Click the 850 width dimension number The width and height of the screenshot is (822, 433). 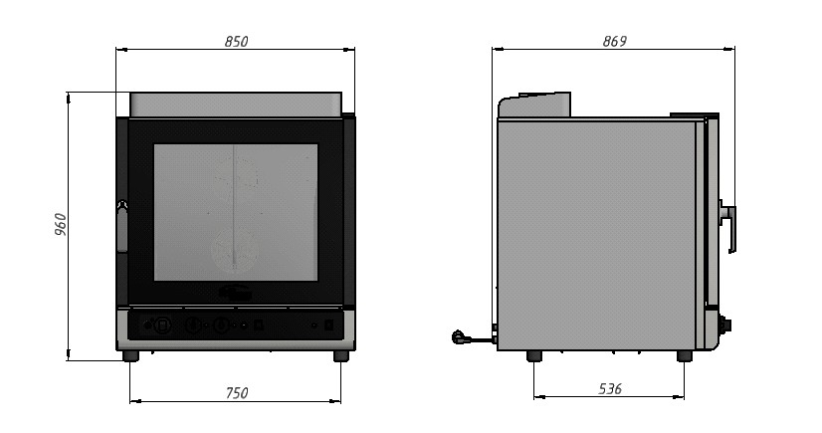coord(236,42)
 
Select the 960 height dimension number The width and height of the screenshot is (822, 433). coord(61,224)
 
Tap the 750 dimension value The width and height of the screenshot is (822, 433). coord(237,392)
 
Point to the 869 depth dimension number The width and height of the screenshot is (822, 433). coord(614,42)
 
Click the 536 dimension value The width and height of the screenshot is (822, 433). coord(610,388)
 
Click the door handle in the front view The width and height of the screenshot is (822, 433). coord(122,226)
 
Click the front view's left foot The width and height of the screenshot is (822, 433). coord(130,356)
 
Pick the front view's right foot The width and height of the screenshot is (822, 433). coord(341,356)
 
